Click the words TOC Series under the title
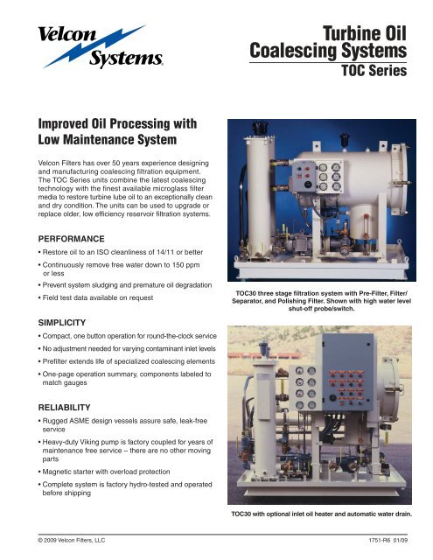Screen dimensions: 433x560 (374, 73)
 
